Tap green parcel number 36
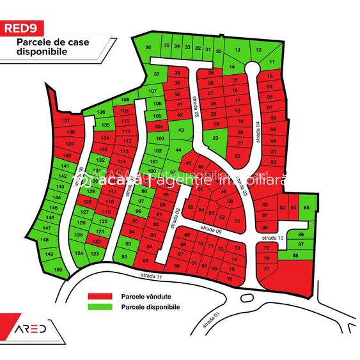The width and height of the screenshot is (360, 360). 148,48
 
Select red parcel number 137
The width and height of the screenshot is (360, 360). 65,121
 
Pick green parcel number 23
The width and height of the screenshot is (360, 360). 215,137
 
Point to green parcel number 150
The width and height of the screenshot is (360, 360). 58,270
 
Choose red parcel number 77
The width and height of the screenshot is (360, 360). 266,270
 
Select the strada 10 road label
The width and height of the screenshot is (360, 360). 272,237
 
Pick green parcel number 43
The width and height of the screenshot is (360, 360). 181,130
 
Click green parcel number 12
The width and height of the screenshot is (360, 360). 258,49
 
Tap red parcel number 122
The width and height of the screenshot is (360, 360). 97,242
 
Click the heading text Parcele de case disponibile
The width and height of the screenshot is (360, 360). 44,49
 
